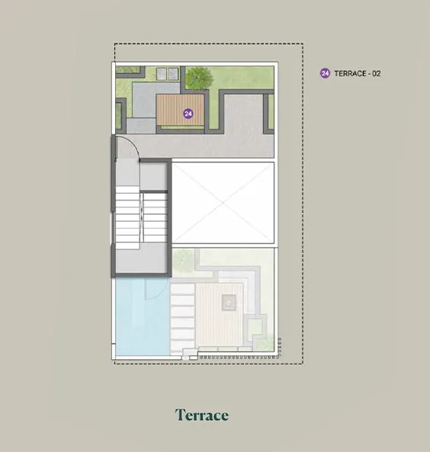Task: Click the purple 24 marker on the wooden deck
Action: [188, 114]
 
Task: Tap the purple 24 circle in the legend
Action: [325, 73]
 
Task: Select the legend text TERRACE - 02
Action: [358, 73]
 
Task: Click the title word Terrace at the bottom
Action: [202, 415]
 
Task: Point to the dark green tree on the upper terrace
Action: [198, 77]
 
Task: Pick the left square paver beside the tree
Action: [161, 74]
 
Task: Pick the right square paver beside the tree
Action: [173, 74]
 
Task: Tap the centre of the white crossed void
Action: [223, 203]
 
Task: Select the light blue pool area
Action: [142, 316]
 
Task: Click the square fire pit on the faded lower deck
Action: [229, 303]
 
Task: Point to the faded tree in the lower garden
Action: [184, 260]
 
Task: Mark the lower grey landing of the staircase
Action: [141, 258]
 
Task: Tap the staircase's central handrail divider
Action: [142, 217]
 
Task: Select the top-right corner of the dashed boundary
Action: [303, 43]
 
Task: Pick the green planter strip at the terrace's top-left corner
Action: [128, 69]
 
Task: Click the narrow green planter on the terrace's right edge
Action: [271, 111]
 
